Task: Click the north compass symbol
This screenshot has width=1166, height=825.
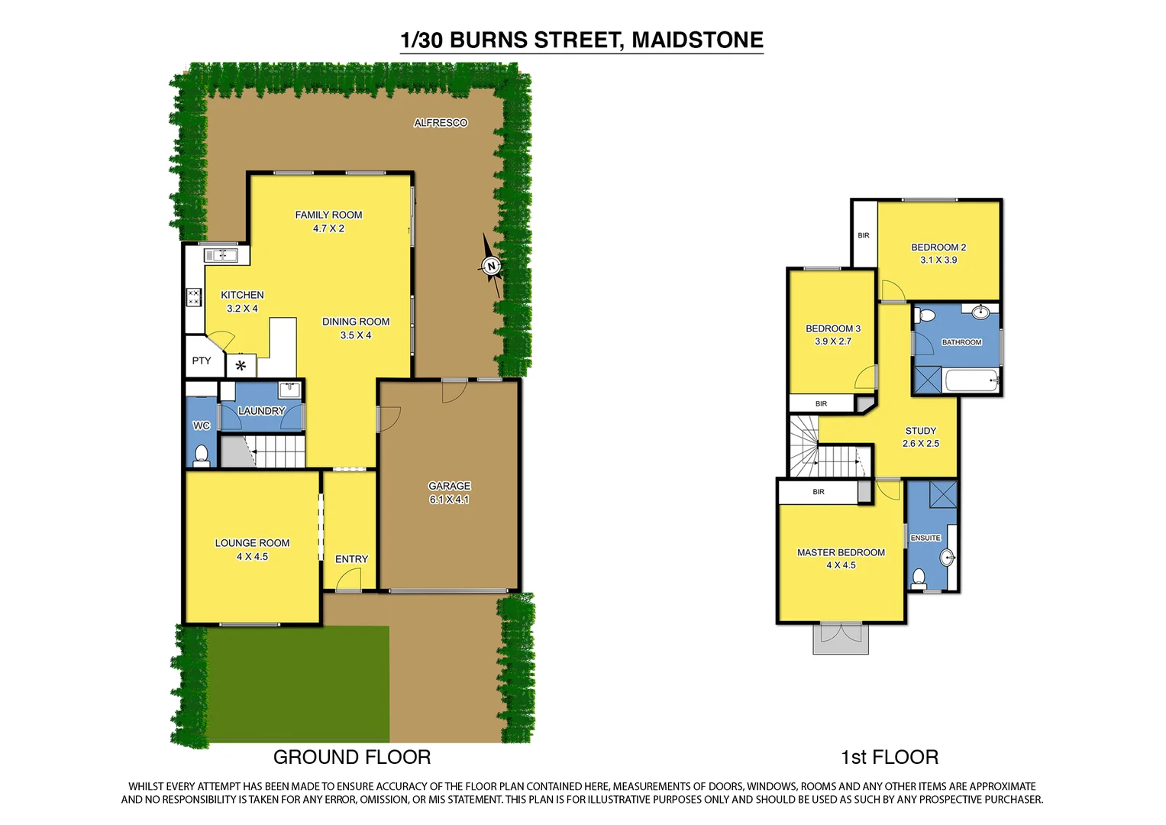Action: tap(491, 266)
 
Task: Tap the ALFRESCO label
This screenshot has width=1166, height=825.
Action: tap(441, 123)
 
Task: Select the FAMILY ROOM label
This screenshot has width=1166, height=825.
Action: tap(328, 215)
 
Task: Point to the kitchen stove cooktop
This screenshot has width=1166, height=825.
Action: tap(194, 297)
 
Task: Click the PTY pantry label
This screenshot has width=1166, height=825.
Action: tap(202, 361)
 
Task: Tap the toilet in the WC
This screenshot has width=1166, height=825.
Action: tap(202, 456)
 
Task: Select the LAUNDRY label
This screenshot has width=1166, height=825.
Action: tap(261, 411)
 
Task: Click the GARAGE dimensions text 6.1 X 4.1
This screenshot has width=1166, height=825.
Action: tap(449, 500)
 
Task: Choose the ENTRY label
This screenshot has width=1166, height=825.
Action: tap(351, 559)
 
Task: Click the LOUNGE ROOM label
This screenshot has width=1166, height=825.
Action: tap(252, 543)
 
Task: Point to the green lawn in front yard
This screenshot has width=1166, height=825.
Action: tap(298, 684)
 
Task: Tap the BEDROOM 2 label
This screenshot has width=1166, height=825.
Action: tap(938, 247)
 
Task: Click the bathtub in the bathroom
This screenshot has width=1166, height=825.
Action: tap(971, 380)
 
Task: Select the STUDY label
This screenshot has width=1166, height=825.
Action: tap(921, 431)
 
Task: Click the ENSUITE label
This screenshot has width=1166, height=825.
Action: tap(925, 538)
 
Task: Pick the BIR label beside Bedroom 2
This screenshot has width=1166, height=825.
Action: tap(864, 235)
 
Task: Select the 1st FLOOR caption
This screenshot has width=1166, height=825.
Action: tap(890, 757)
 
